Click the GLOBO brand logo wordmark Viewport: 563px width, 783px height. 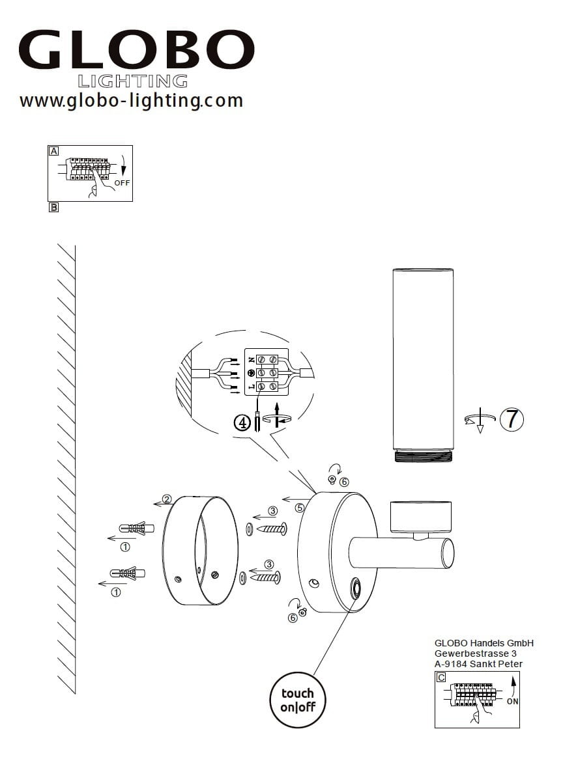136,50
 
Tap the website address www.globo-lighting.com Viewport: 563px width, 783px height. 131,101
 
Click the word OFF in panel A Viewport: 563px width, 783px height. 122,183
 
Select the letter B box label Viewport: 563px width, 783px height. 53,207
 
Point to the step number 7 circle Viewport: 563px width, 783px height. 512,419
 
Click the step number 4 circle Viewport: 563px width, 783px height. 242,423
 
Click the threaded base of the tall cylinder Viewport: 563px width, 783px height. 424,457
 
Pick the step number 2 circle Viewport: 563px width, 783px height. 167,499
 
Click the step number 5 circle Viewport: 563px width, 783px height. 300,508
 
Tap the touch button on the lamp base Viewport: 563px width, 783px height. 356,590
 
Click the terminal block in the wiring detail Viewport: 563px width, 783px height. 267,372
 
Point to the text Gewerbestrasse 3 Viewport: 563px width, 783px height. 475,653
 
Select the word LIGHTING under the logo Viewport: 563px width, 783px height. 133,81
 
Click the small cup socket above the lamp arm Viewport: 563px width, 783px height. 420,517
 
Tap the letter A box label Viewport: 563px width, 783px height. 53,151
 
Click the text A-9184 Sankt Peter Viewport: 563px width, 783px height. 478,664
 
